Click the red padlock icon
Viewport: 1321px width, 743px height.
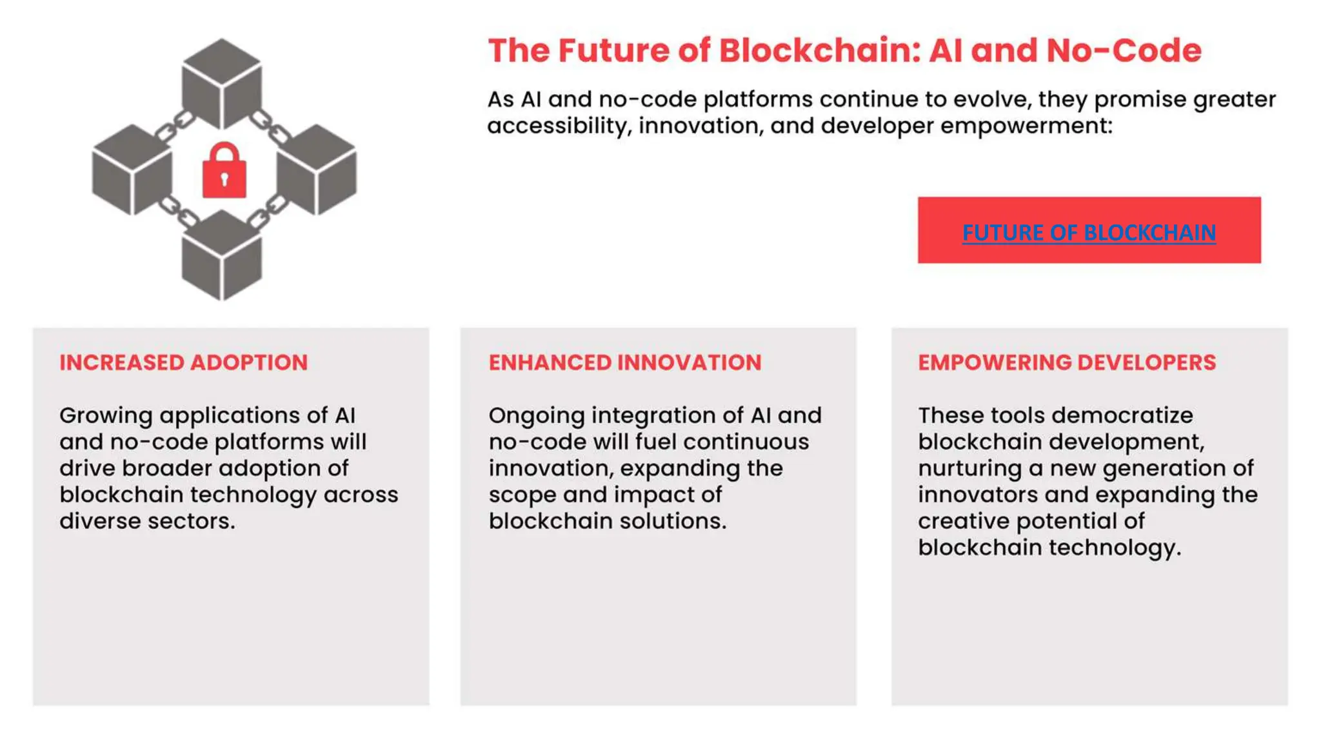(224, 172)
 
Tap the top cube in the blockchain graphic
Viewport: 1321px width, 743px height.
(222, 84)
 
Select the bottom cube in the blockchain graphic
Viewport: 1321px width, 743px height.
(222, 256)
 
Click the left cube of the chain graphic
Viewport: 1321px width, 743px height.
(132, 170)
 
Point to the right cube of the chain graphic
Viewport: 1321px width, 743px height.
(316, 170)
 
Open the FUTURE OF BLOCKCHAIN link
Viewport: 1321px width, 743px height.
(1089, 232)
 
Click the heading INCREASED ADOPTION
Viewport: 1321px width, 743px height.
(184, 362)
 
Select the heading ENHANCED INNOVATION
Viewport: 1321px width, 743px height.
(624, 362)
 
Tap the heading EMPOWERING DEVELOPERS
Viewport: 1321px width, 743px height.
(1067, 362)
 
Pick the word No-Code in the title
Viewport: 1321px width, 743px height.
(1124, 51)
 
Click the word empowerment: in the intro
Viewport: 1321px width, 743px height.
(1026, 126)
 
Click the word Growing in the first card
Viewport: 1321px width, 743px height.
(106, 416)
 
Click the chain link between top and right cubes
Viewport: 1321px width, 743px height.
(270, 127)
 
